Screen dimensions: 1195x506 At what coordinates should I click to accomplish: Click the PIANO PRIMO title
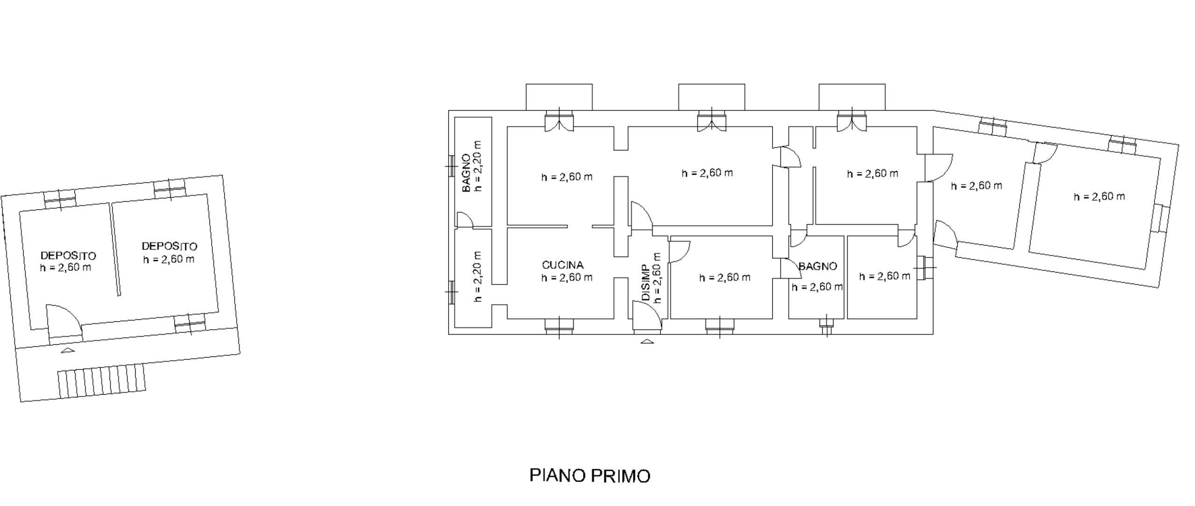tap(590, 476)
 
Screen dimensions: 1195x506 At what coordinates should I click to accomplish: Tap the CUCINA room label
tap(562, 265)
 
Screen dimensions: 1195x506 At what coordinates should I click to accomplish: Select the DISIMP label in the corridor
tap(646, 282)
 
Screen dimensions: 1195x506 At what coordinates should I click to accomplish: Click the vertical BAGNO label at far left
tap(466, 173)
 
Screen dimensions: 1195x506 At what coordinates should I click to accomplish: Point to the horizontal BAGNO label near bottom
tap(817, 267)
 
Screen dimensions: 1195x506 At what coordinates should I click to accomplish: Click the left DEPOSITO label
tap(68, 256)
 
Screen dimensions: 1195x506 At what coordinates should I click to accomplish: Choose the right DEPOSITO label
tap(169, 246)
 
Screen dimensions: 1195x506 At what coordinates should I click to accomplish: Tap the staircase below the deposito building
tap(101, 379)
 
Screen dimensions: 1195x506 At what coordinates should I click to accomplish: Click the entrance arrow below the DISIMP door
tap(647, 341)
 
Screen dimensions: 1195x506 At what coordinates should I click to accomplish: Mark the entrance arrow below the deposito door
tap(68, 351)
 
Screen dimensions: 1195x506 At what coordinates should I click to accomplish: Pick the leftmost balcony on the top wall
tap(559, 97)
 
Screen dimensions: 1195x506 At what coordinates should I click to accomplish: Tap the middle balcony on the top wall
tap(711, 97)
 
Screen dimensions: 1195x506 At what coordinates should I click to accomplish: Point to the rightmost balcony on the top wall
tap(852, 97)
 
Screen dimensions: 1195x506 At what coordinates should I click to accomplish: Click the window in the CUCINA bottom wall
tap(559, 326)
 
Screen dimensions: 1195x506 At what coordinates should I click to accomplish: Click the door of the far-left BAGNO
tap(465, 220)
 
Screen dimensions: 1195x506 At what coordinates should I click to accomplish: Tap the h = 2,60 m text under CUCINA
tap(567, 278)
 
